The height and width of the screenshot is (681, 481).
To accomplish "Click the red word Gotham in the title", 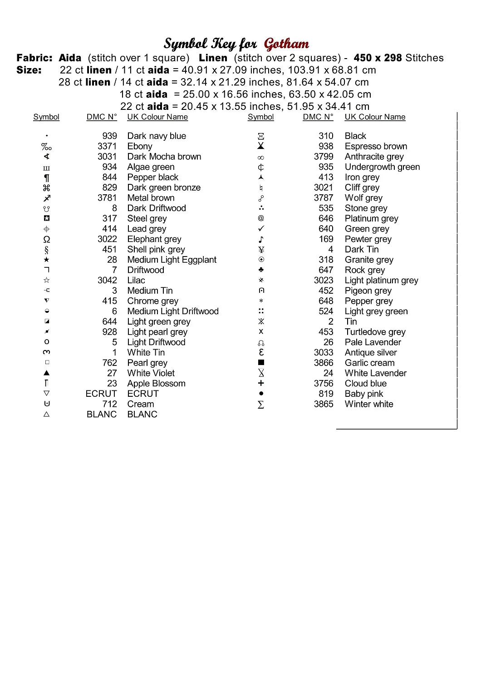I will (286, 44).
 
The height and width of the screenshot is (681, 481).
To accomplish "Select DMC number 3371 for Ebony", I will (107, 146).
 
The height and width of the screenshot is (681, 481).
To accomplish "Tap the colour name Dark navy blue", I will (157, 136).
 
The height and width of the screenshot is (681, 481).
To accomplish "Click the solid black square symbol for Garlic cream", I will (261, 363).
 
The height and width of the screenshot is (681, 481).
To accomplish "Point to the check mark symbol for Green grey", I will (261, 228).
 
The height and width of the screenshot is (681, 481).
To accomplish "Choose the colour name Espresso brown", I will (376, 146).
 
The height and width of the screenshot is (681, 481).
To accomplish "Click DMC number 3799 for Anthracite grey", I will (324, 157).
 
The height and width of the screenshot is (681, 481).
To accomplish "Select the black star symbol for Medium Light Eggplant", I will (46, 260).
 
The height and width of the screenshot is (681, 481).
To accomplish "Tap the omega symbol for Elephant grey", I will (46, 239).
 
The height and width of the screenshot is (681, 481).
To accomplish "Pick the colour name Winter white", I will (369, 404).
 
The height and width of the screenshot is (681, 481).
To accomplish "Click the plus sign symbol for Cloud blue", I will (261, 384).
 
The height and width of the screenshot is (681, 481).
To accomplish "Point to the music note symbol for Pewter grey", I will (261, 239).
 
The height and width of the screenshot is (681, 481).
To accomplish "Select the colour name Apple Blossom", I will (156, 384).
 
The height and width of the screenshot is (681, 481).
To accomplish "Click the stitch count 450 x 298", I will (378, 58).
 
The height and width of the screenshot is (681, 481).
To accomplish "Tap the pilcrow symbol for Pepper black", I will (46, 178).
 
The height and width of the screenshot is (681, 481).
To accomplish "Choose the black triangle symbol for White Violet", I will (46, 373).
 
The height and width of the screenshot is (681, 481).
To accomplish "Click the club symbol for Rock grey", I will (261, 270).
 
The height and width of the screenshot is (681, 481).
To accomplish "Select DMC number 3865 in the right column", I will (324, 404).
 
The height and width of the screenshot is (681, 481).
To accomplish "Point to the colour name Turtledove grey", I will (375, 332).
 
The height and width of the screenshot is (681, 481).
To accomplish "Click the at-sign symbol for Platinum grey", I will (261, 218).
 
